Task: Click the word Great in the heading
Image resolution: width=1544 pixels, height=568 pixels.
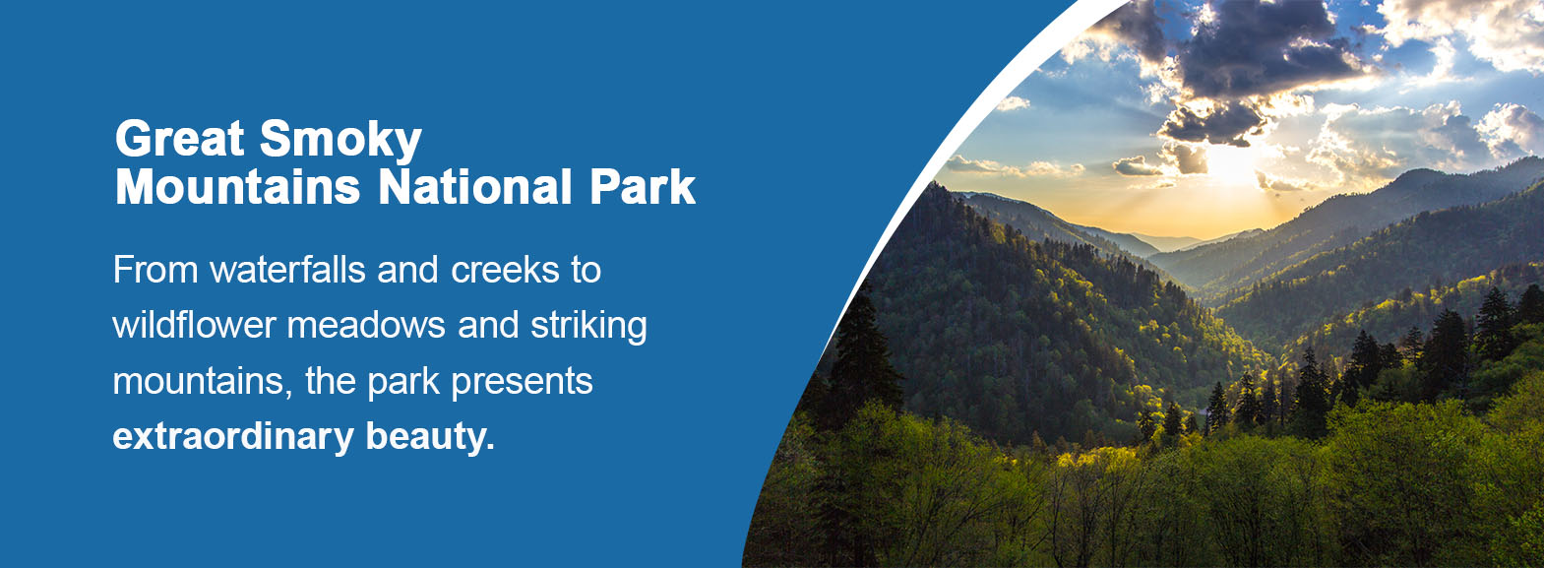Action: (x=179, y=139)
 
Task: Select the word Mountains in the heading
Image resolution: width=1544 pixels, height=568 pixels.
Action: (x=238, y=187)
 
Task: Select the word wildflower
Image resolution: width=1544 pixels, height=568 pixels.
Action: (x=194, y=325)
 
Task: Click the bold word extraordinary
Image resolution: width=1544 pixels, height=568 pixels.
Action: (x=232, y=436)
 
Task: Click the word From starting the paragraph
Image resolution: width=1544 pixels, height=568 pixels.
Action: (x=155, y=270)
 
